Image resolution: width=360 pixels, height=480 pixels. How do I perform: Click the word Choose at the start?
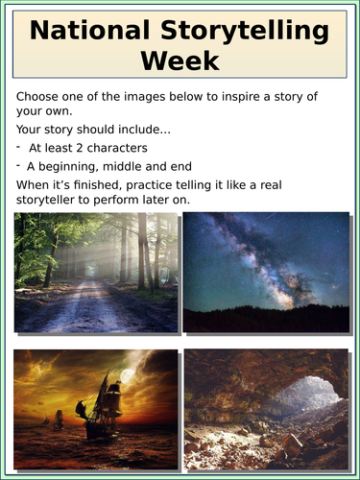(x=39, y=97)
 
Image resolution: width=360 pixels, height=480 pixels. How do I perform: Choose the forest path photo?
(x=96, y=272)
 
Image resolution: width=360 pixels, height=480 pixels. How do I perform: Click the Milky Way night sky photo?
(x=266, y=272)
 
